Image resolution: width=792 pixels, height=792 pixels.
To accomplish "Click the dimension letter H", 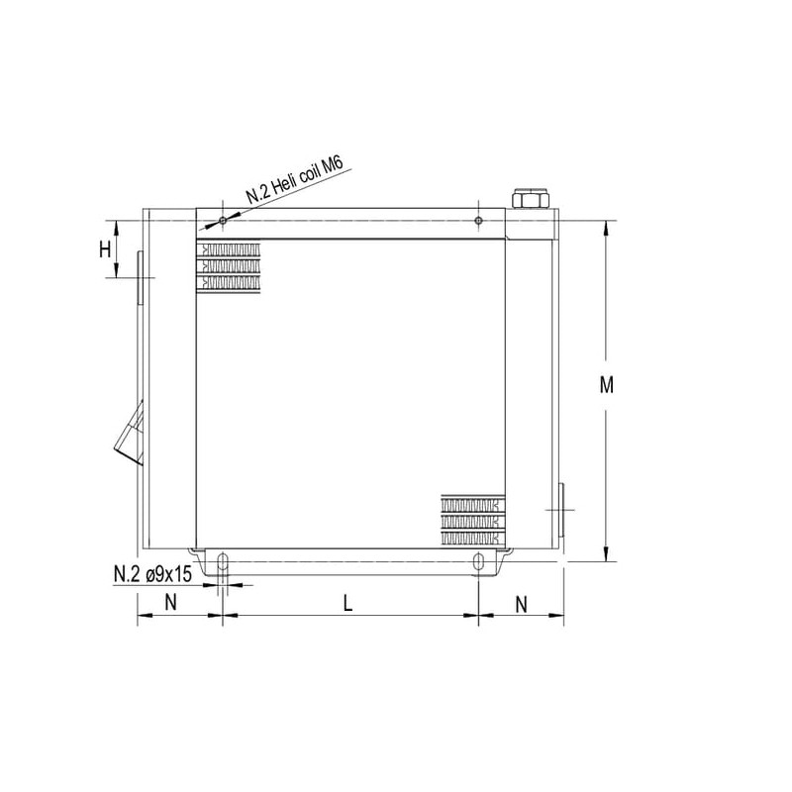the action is click(105, 249).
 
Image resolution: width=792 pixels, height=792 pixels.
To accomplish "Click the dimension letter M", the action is click(606, 385).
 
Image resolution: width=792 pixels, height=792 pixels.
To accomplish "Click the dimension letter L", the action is click(347, 603).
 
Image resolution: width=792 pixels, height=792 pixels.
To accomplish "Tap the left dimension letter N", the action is click(170, 602).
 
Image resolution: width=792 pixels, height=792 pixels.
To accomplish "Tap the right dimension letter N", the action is click(522, 604).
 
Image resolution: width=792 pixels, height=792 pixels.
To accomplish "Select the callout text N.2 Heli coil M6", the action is click(295, 180).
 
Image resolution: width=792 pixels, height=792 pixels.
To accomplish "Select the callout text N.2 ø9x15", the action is click(153, 574).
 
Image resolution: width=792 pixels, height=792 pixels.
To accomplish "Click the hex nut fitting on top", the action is click(531, 198).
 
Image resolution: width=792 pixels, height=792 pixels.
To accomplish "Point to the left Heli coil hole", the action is click(223, 220).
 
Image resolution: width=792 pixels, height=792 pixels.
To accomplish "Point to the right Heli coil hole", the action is click(479, 220).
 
